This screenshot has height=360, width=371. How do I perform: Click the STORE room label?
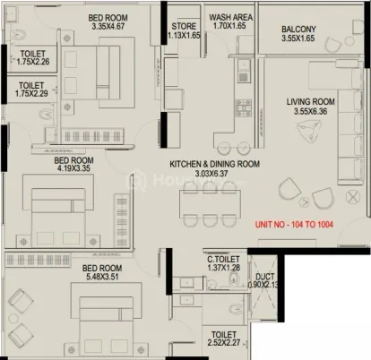[184, 26]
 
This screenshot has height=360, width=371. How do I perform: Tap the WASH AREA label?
[230, 17]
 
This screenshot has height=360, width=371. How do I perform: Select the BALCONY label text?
[298, 30]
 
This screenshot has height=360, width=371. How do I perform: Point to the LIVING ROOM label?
[311, 102]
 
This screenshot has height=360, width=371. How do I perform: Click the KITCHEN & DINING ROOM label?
[214, 164]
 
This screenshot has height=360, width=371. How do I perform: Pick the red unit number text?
[294, 225]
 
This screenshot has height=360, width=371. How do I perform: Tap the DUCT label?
[264, 277]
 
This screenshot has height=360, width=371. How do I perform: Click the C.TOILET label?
[223, 260]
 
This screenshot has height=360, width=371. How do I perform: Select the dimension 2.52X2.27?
[224, 343]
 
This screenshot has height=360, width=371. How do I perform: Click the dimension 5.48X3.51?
[102, 277]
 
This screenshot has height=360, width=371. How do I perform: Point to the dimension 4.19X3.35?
[73, 168]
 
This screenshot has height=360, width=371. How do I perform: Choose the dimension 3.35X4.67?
[108, 26]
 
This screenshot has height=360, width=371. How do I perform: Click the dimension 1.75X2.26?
[33, 62]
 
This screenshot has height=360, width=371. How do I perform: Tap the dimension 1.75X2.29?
[31, 93]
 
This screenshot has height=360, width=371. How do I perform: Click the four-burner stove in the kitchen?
[244, 107]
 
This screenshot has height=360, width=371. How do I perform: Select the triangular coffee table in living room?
[309, 130]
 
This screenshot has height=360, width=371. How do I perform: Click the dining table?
[210, 204]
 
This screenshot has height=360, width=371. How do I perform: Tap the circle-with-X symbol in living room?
[353, 197]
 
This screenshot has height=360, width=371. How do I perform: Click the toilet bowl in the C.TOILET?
[234, 279]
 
